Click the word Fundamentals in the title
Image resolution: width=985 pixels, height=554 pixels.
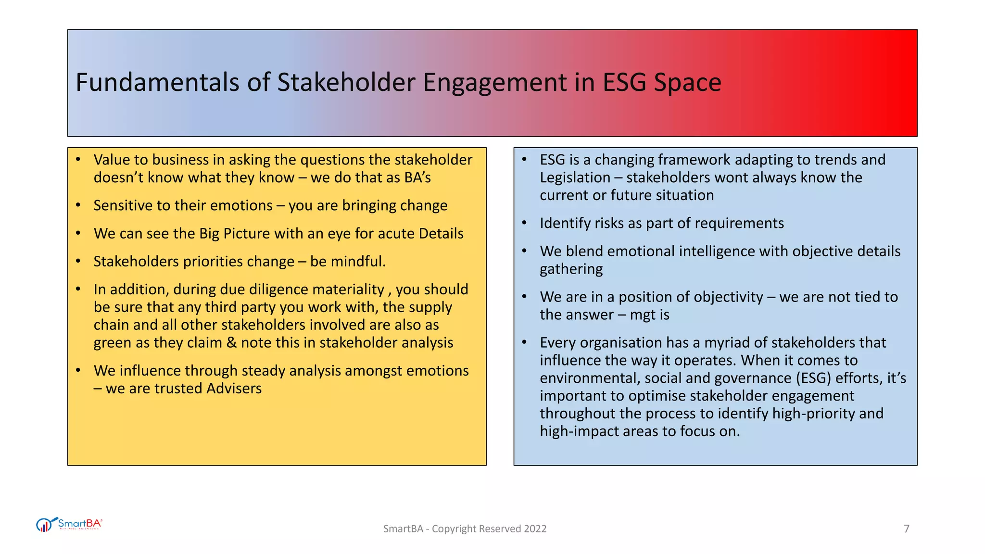[157, 82]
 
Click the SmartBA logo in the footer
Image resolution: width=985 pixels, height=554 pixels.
[69, 524]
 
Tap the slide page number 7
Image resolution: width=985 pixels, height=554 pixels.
[907, 529]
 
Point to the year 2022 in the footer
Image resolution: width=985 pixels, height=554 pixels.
[535, 529]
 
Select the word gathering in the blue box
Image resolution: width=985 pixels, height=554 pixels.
[571, 269]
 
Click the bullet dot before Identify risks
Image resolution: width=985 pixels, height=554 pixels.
[525, 223]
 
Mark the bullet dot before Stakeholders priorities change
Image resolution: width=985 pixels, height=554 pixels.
[78, 261]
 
